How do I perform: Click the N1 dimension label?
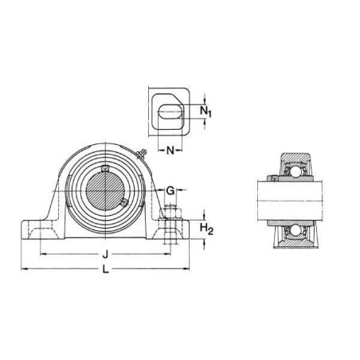click(205, 112)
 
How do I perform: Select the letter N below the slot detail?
click(170, 151)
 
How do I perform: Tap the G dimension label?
click(170, 190)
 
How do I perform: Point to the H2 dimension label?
click(206, 229)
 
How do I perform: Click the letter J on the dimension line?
click(105, 254)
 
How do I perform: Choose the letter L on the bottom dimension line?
click(106, 269)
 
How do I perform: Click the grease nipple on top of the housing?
click(142, 155)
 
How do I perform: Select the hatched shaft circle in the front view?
click(105, 191)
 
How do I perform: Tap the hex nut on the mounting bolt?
click(170, 213)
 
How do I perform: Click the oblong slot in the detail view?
click(170, 112)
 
